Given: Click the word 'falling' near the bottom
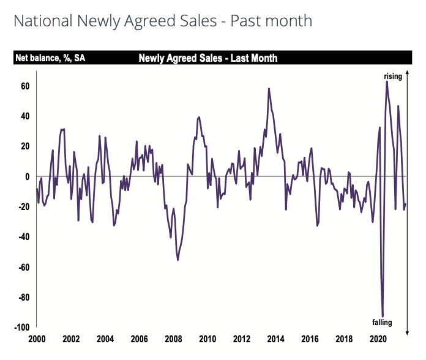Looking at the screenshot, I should [383, 322].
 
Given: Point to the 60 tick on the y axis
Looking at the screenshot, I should [25, 86].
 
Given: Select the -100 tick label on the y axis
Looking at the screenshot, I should [22, 328].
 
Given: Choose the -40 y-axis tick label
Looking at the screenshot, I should [23, 237].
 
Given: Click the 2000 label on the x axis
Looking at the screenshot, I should [37, 339].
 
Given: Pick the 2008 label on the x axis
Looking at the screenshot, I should [173, 339].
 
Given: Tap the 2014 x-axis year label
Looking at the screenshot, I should [276, 339].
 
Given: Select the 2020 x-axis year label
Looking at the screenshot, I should [378, 339].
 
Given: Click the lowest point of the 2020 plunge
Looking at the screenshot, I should [383, 316].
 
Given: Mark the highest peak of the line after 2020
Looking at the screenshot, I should [387, 82].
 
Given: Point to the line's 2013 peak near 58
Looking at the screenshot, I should [269, 89].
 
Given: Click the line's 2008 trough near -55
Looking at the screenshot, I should [178, 260].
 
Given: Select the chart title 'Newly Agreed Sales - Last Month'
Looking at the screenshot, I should [208, 59].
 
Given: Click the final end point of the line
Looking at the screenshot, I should [405, 204].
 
